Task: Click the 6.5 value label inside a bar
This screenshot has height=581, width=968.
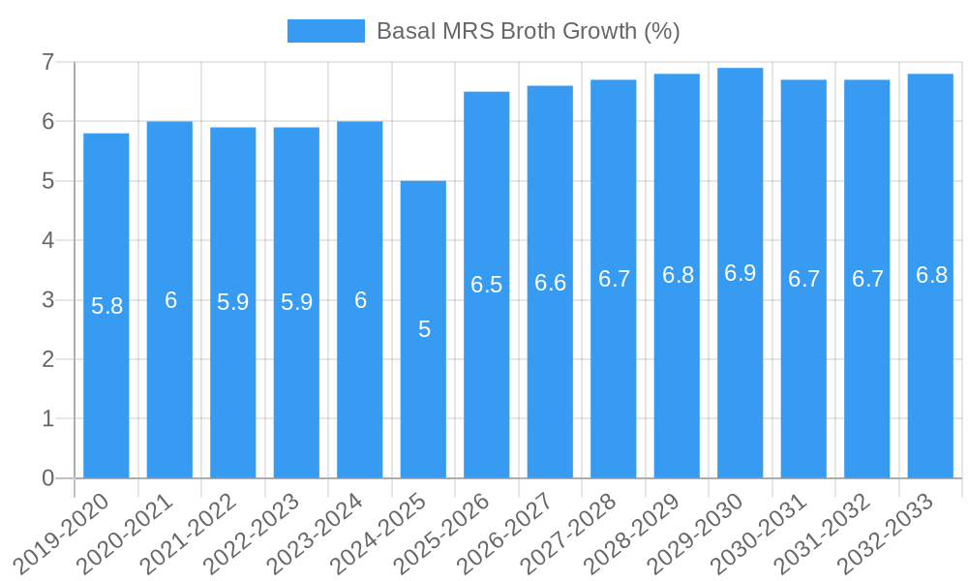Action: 486,285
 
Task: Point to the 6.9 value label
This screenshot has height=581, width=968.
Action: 740,273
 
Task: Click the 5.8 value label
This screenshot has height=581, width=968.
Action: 106,307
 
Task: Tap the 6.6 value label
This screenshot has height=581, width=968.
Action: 550,283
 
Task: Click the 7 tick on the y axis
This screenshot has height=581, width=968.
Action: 47,62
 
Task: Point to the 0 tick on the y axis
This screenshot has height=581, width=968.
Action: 47,478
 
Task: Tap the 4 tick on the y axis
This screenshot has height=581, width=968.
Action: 47,240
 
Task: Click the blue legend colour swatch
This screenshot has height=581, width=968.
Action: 325,31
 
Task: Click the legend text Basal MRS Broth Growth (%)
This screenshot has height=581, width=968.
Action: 528,31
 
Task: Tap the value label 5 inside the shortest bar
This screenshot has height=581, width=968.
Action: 424,329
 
